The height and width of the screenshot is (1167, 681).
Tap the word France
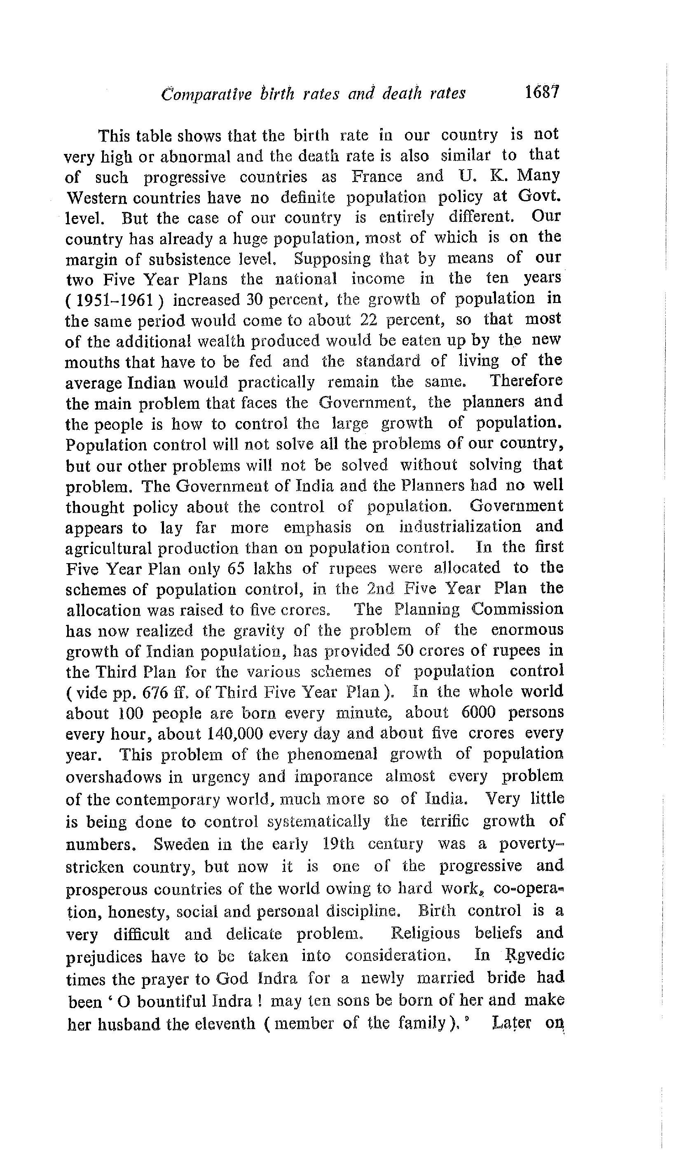(377, 177)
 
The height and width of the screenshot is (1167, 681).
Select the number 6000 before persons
(478, 713)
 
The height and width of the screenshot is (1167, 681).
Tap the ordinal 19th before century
(338, 844)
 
